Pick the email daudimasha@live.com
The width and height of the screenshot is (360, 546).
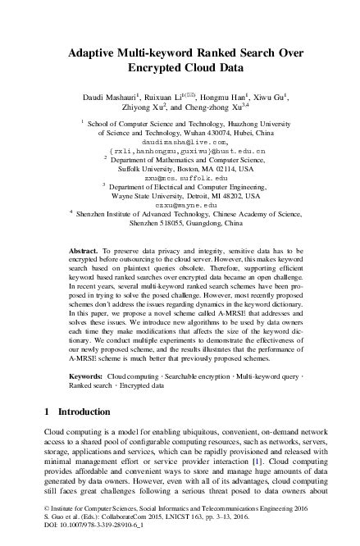(179, 141)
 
